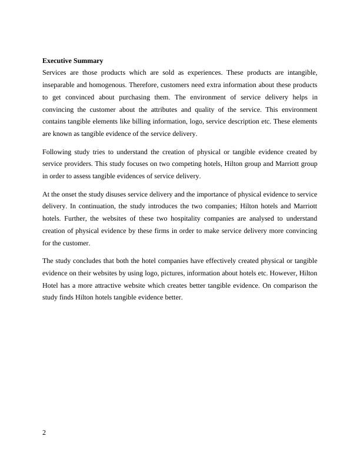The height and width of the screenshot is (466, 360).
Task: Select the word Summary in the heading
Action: click(x=89, y=61)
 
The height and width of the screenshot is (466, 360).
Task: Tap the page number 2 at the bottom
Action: click(x=45, y=432)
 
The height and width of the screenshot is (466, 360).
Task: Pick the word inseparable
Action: click(x=59, y=85)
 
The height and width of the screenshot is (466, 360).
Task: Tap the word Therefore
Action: click(x=150, y=85)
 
